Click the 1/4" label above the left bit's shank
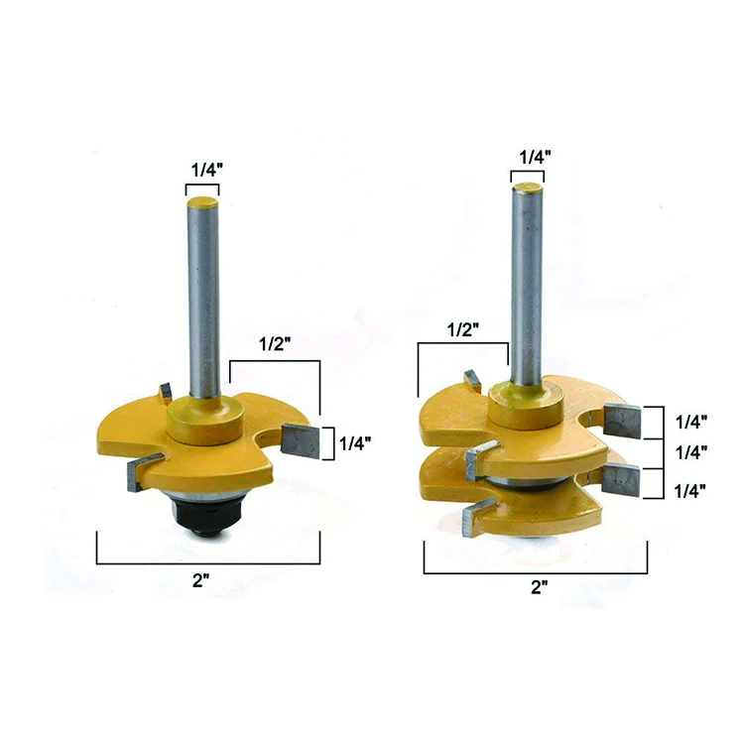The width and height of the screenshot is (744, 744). [204, 170]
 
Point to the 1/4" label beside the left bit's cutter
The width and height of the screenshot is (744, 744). [355, 443]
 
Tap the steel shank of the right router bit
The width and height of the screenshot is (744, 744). [527, 288]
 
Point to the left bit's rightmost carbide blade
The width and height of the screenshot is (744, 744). [301, 436]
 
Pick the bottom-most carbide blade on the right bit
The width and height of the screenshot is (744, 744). [477, 514]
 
